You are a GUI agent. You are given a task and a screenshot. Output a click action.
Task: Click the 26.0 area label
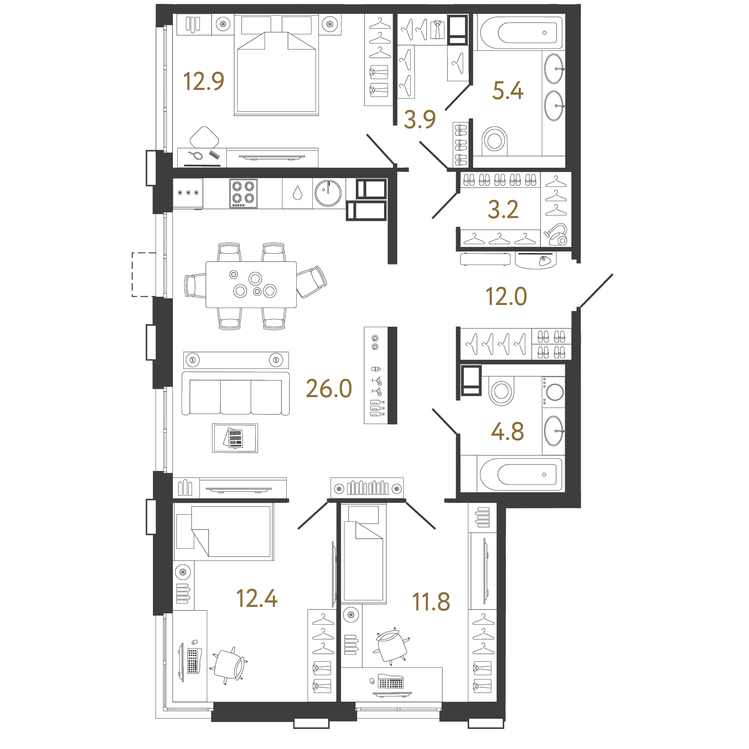(x=329, y=388)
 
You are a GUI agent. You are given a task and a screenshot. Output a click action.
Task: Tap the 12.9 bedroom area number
(x=203, y=81)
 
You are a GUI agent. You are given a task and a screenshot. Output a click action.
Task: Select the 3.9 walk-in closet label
(x=419, y=119)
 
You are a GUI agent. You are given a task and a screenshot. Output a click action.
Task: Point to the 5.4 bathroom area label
(x=507, y=91)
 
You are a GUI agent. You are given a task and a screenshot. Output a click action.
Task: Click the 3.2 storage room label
(x=503, y=210)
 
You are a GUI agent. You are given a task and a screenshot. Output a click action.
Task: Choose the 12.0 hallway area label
(x=506, y=297)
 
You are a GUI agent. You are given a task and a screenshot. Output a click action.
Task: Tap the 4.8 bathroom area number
(x=507, y=431)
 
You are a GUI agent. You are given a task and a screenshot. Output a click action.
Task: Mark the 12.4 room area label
(x=256, y=599)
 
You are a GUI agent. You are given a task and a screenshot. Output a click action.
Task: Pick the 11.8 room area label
(x=431, y=602)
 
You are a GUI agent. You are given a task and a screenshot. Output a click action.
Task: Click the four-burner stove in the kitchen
(x=243, y=193)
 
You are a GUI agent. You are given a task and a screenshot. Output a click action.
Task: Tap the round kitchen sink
(x=328, y=193)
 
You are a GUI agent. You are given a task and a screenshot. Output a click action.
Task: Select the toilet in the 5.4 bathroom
(x=494, y=139)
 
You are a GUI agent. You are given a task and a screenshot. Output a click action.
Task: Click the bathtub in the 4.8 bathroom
(x=520, y=474)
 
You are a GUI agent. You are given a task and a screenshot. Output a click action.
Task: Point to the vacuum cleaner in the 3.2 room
(x=556, y=235)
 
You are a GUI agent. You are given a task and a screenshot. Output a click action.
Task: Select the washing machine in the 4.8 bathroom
(x=554, y=392)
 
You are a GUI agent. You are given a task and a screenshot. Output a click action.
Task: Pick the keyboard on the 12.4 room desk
(x=192, y=660)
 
